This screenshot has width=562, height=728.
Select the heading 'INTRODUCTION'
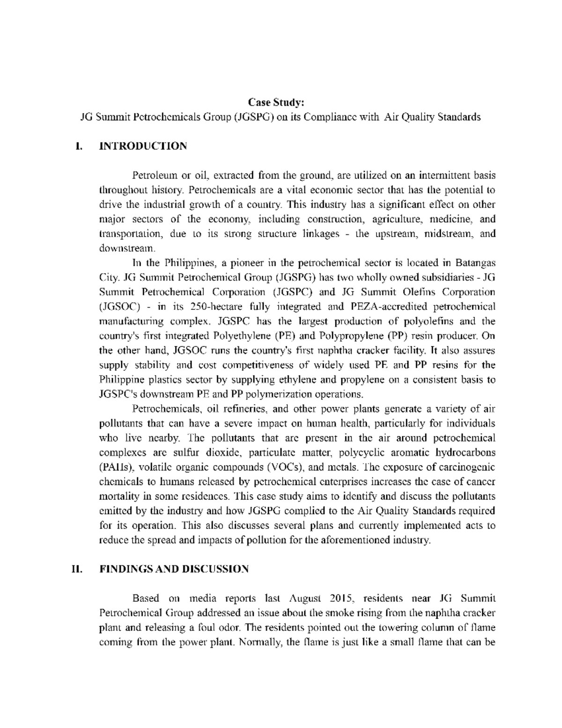(x=143, y=146)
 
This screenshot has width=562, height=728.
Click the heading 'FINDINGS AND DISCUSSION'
(x=174, y=569)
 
